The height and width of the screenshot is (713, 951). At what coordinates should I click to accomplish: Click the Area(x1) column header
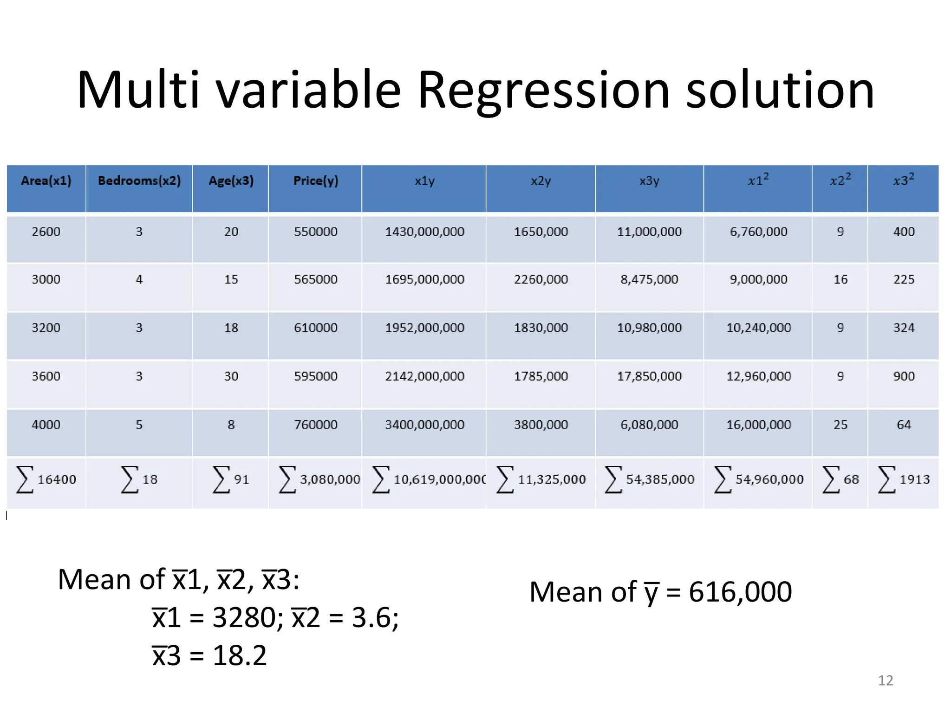[46, 181]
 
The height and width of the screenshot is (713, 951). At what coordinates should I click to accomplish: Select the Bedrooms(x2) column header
[139, 181]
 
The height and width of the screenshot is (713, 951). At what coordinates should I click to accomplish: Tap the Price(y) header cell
[316, 181]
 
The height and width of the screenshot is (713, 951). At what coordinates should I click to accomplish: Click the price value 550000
[316, 232]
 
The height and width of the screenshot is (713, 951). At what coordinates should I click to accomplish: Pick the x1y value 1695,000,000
[424, 279]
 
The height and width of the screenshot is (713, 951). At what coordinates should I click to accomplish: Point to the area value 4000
[46, 425]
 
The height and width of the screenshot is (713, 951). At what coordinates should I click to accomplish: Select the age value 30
[231, 376]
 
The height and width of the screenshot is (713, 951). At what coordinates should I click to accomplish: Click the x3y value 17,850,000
[649, 376]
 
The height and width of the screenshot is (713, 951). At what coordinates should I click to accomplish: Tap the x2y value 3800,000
[541, 425]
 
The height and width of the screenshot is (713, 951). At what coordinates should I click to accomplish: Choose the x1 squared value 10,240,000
[758, 328]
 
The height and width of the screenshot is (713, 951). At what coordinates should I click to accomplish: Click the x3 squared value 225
[904, 279]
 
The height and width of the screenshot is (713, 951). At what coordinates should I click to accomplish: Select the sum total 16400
[57, 479]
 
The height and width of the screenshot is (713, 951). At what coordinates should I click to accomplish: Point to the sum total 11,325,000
[552, 479]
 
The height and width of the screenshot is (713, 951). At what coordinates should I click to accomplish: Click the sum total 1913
[914, 479]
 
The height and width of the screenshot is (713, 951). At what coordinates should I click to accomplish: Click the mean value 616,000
[740, 592]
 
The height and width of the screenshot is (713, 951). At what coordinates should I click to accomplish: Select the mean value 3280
[244, 617]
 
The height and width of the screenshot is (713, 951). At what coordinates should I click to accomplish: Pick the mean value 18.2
[240, 655]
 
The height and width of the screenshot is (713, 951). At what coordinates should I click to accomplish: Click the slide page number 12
[886, 681]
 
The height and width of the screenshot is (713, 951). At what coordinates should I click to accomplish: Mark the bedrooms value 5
[139, 425]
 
